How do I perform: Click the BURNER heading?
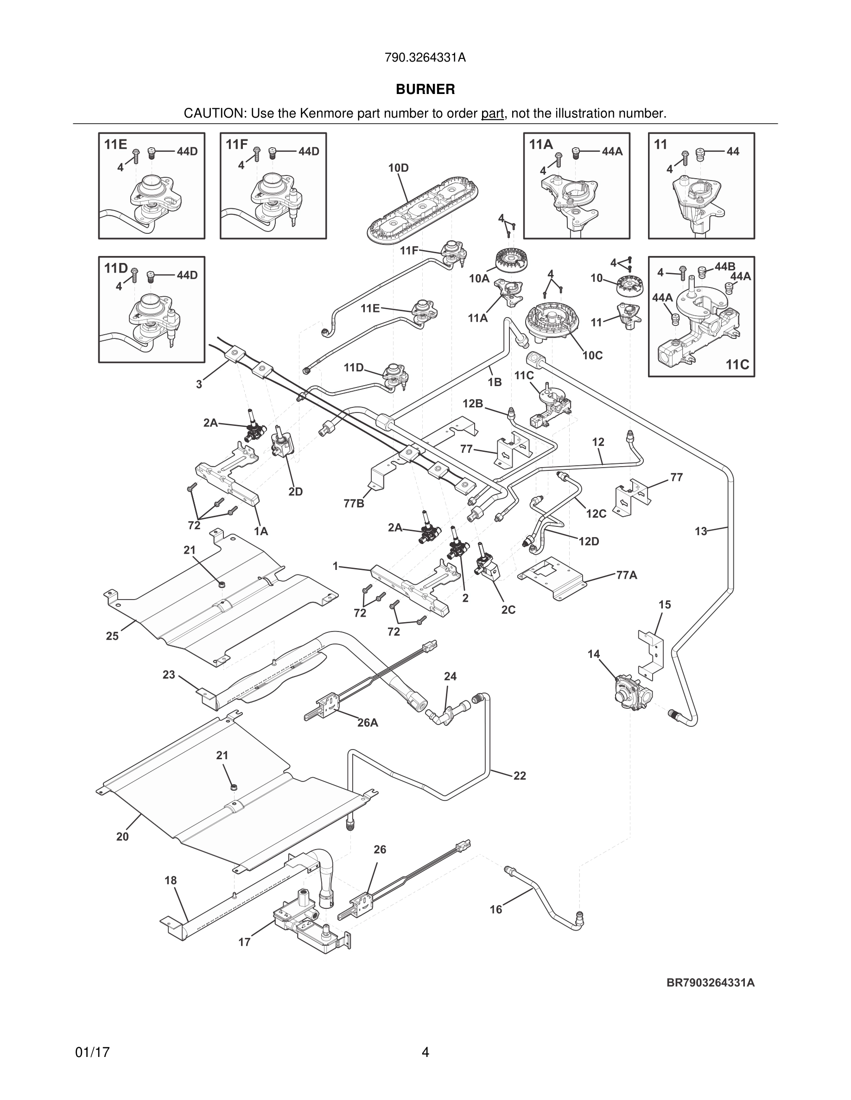pos(425,89)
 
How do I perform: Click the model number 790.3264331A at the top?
pos(425,58)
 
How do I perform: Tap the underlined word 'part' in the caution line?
pos(492,114)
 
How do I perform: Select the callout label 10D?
pos(398,168)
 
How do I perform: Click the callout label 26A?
pos(368,723)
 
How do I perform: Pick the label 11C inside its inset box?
pos(737,365)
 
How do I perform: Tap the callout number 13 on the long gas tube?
pos(701,531)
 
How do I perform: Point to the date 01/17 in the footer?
pos(92,1052)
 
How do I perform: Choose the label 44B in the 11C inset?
pos(724,267)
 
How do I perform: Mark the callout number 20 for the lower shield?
pos(122,837)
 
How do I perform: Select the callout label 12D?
pos(589,542)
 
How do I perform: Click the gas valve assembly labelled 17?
pos(311,927)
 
